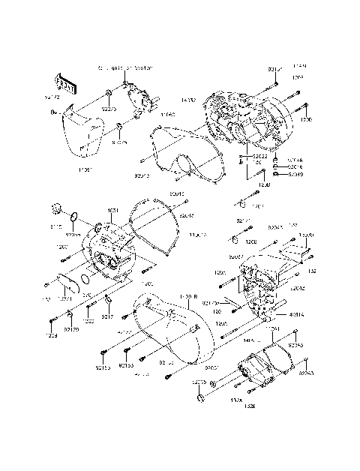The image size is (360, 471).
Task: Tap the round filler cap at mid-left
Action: tap(56, 208)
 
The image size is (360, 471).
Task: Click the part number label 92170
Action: tap(72, 328)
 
